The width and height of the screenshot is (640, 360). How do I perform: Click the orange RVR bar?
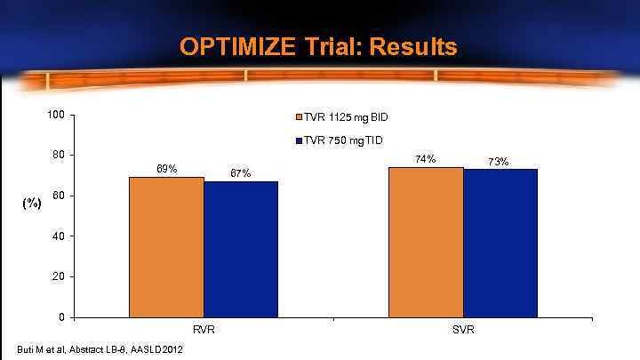coord(166,247)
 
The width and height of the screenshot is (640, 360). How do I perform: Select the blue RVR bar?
coord(241,249)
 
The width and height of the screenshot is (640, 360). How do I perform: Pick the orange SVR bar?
coord(426,242)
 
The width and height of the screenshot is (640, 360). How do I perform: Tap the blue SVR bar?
coord(500,243)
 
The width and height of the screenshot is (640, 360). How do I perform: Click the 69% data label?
coord(166,168)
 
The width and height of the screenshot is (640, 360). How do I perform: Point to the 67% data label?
coord(241,172)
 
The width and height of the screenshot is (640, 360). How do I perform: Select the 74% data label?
coord(426,158)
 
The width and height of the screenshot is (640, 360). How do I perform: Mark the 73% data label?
coord(499,161)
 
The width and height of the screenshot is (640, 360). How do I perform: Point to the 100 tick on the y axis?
coord(56,115)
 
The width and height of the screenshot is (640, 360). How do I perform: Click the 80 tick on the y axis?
coord(59,155)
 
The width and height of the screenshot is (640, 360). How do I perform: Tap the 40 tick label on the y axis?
coord(59,236)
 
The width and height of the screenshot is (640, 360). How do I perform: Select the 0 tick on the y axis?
coord(61,317)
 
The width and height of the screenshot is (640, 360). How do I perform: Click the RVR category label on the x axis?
coord(204,329)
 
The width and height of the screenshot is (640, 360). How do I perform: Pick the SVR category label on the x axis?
coord(463,329)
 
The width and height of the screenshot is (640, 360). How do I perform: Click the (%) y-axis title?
coord(32,203)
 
